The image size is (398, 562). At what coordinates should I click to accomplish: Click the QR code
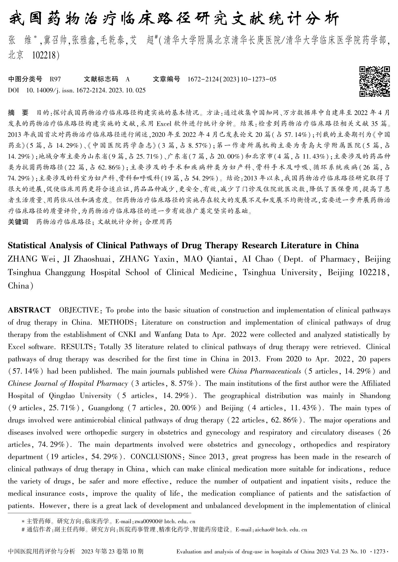coord(375,81)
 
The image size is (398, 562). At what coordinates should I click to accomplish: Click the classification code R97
coord(55,79)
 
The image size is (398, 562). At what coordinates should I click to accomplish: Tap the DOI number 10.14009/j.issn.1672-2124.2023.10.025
coord(86,90)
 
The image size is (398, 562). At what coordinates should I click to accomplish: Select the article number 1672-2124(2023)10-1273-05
coord(232,79)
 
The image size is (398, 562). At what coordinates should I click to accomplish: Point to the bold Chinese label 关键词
coord(18,222)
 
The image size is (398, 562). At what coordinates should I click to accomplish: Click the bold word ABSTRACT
coord(29,310)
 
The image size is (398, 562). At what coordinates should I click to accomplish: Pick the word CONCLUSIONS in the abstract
coord(156,457)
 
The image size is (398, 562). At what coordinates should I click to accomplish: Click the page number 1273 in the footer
coord(380,552)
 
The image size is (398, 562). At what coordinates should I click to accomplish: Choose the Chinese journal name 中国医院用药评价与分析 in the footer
coord(42,551)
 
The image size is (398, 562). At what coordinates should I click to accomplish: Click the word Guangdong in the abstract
coord(106,408)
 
